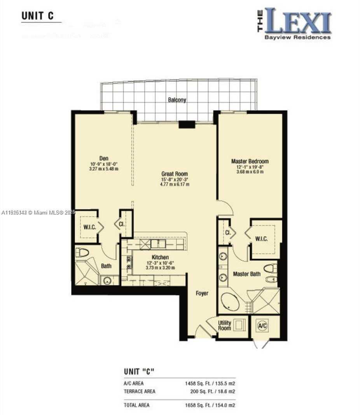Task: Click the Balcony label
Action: (177, 100)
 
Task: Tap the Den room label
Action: (104, 158)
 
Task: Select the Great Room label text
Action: (175, 174)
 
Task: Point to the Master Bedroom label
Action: (250, 161)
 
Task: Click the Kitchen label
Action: (160, 257)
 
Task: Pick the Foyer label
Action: (202, 293)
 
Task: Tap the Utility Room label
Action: (224, 326)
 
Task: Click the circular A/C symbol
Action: (262, 326)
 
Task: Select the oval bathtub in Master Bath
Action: (230, 302)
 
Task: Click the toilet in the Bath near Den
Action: (82, 253)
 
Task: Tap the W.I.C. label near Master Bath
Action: (261, 239)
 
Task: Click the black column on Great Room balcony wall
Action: (187, 125)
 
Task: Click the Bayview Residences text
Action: (297, 38)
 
